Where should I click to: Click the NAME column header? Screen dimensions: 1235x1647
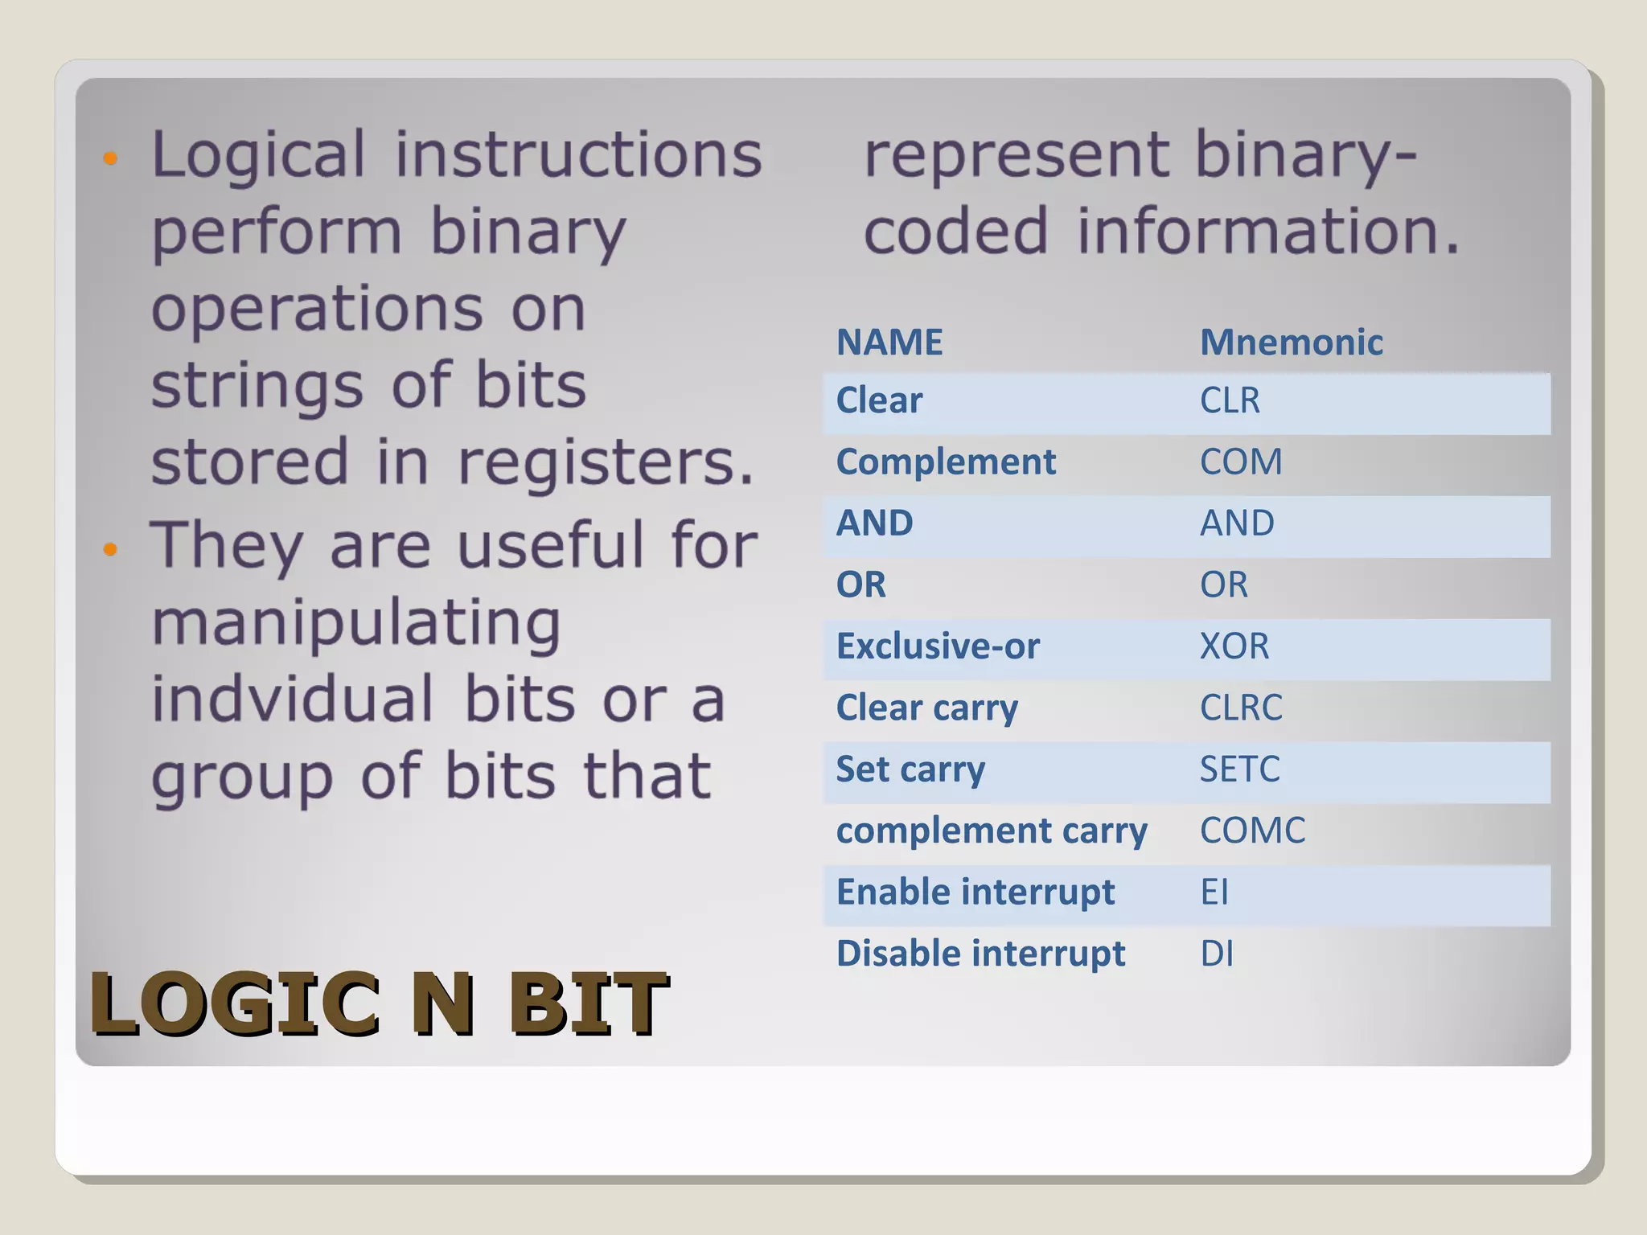pos(889,343)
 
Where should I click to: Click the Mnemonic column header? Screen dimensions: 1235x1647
pos(1291,343)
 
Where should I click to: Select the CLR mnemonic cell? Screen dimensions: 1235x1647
pos(1230,400)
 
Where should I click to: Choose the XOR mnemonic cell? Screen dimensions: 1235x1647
pos(1234,646)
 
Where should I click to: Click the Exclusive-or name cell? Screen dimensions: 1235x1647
pos(938,646)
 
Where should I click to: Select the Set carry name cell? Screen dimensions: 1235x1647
pos(910,769)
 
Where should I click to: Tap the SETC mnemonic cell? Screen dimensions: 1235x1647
pos(1239,769)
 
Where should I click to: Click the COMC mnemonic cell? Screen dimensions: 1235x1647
pos(1252,831)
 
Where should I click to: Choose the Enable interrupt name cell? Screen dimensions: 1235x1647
pos(975,892)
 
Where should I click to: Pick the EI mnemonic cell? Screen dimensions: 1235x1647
pos(1214,892)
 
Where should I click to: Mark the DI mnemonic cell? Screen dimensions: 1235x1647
pos(1217,954)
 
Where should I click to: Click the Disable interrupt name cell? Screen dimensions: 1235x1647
pos(980,954)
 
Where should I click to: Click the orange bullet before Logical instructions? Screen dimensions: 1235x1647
pos(111,158)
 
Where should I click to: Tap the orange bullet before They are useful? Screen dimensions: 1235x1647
pos(111,550)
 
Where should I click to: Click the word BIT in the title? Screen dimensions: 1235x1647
pos(588,1003)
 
